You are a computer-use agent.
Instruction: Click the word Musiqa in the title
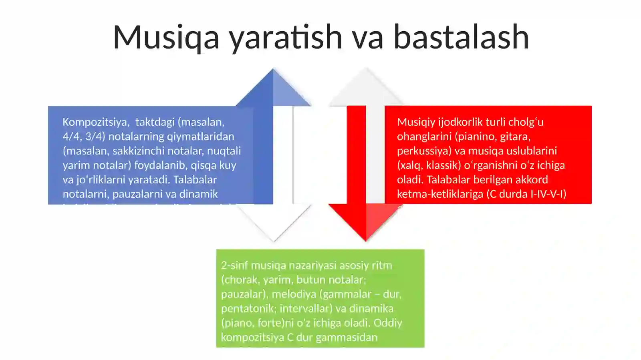[166, 37]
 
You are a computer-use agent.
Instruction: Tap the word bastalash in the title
[461, 37]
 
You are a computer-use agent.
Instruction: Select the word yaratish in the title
[285, 37]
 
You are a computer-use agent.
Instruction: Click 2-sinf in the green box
[234, 265]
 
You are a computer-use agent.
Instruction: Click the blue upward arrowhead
[273, 90]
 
